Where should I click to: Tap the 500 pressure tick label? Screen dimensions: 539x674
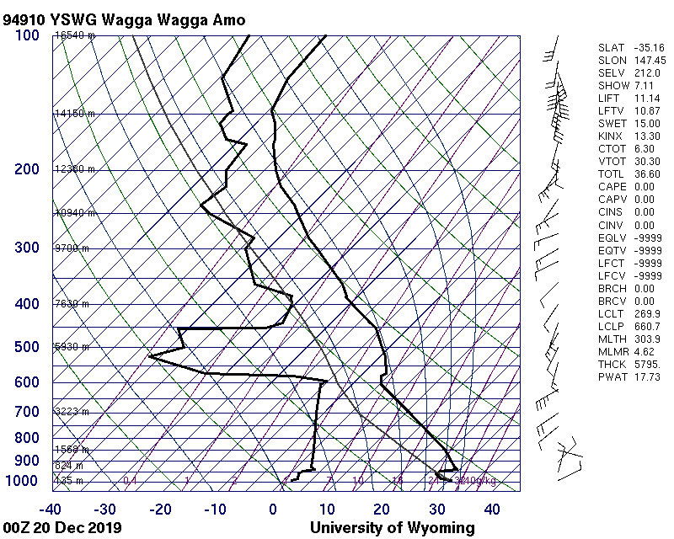pyautogui.click(x=27, y=347)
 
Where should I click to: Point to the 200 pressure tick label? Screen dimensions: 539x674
pyautogui.click(x=27, y=169)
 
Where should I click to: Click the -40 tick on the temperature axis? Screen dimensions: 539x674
pyautogui.click(x=52, y=509)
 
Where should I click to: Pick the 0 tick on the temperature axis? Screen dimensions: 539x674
pyautogui.click(x=273, y=509)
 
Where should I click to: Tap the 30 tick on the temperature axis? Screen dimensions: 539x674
pyautogui.click(x=436, y=509)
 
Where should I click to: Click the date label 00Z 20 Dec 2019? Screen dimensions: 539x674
pyautogui.click(x=62, y=528)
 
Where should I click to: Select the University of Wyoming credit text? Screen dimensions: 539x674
pyautogui.click(x=393, y=528)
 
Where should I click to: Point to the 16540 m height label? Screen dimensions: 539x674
pyautogui.click(x=75, y=35)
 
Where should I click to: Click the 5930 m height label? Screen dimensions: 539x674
pyautogui.click(x=72, y=347)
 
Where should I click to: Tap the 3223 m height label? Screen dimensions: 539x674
pyautogui.click(x=72, y=411)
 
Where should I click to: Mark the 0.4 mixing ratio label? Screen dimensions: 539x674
pyautogui.click(x=130, y=481)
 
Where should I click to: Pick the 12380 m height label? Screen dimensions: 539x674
pyautogui.click(x=75, y=169)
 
